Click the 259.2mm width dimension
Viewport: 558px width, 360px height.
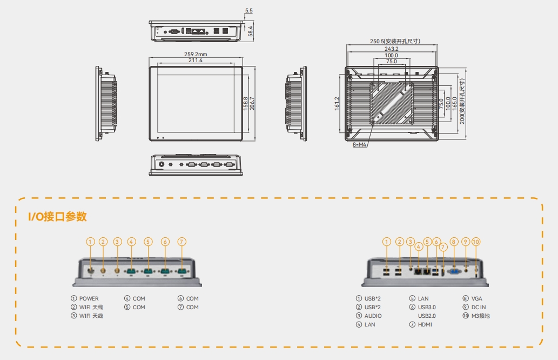pyautogui.click(x=196, y=54)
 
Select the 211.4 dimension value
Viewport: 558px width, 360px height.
pyautogui.click(x=196, y=61)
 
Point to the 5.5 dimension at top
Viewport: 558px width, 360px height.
pyautogui.click(x=248, y=11)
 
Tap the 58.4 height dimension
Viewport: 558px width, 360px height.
pyautogui.click(x=250, y=32)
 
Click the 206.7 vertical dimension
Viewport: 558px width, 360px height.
pyautogui.click(x=252, y=102)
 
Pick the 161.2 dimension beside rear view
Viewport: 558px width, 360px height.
pyautogui.click(x=337, y=103)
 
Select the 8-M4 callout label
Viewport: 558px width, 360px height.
pyautogui.click(x=360, y=145)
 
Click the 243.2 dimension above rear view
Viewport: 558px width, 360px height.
pyautogui.click(x=391, y=49)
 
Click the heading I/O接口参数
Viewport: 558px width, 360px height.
pyautogui.click(x=58, y=217)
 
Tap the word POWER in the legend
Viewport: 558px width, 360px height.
pyautogui.click(x=89, y=298)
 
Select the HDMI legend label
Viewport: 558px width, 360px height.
pyautogui.click(x=426, y=324)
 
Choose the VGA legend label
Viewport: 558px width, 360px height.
pyautogui.click(x=477, y=298)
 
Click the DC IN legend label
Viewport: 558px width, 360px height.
pyautogui.click(x=479, y=307)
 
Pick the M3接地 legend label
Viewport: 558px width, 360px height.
pyautogui.click(x=481, y=316)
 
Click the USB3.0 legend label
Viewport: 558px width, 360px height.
pyautogui.click(x=427, y=307)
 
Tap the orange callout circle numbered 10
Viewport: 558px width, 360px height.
pyautogui.click(x=476, y=242)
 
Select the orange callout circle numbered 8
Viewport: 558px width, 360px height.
pyautogui.click(x=454, y=242)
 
